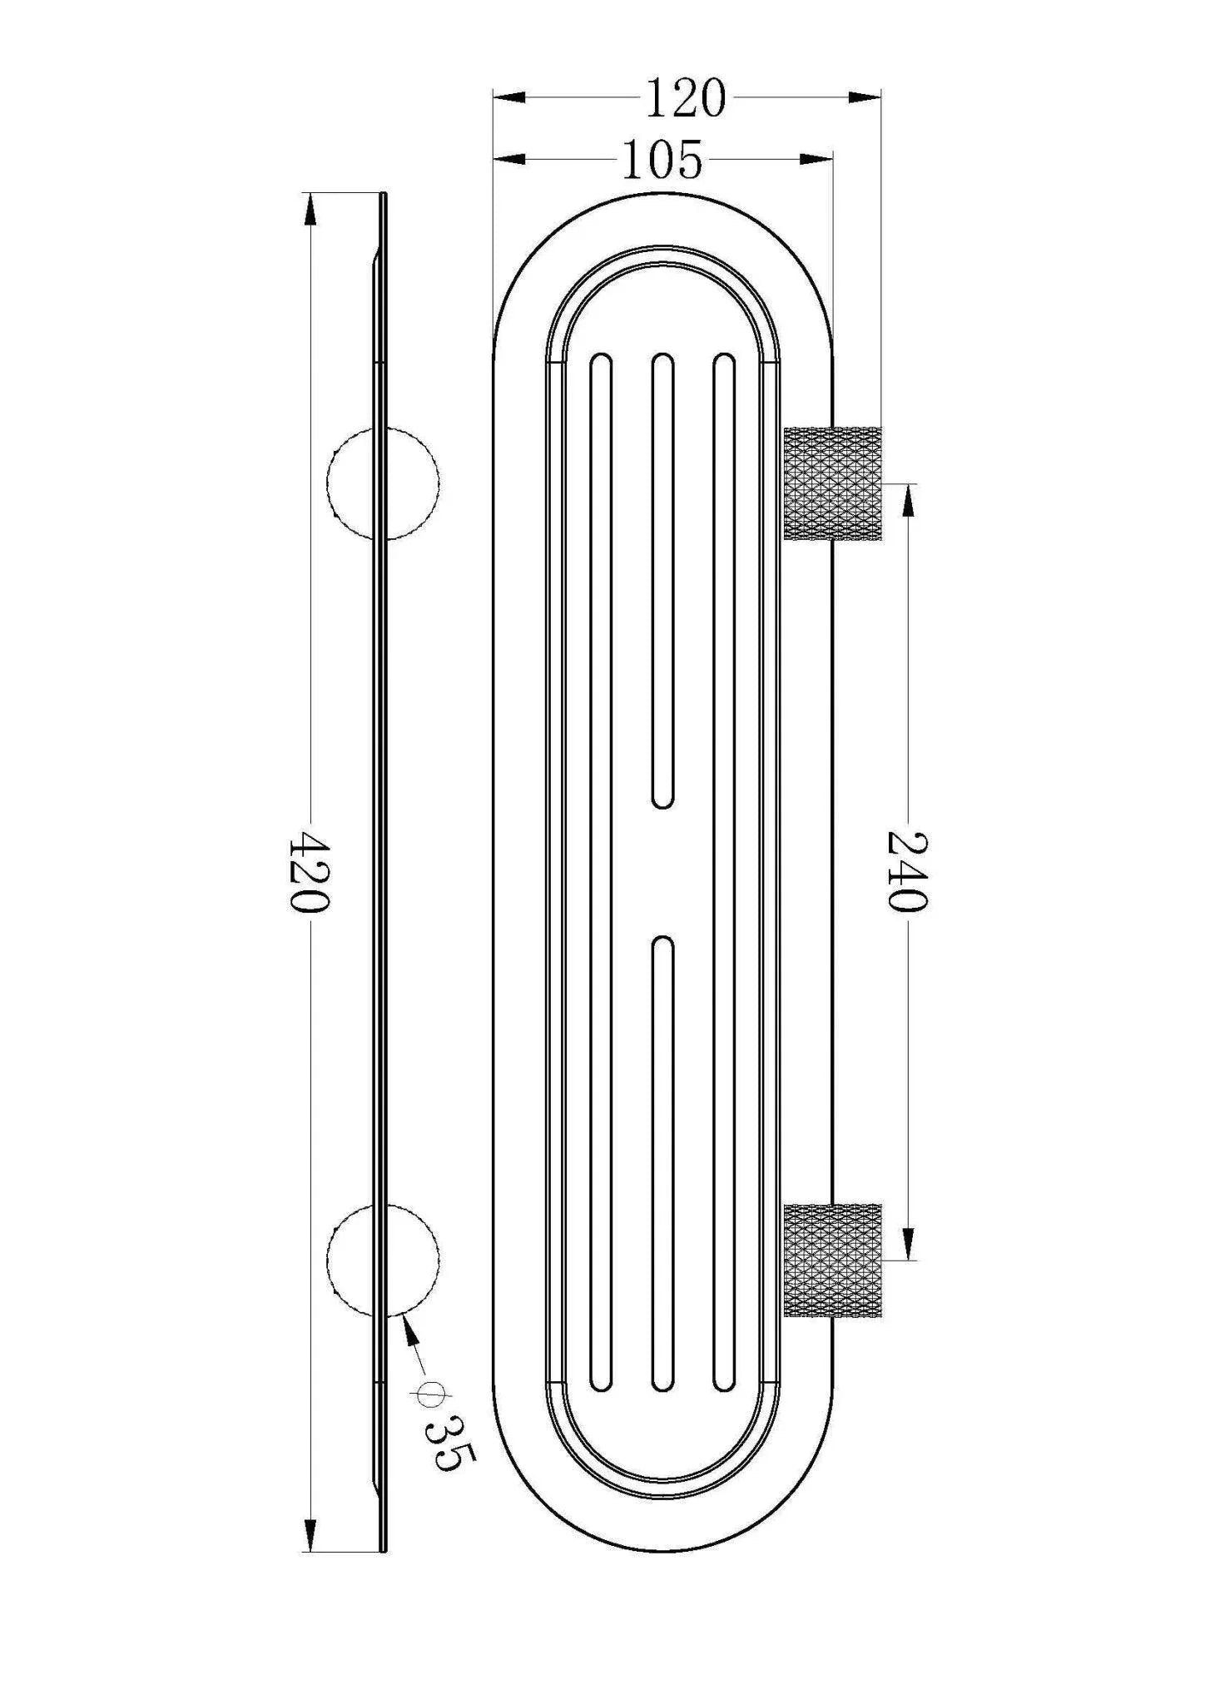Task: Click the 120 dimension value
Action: (x=686, y=98)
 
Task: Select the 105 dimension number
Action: (x=662, y=160)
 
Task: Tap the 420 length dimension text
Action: (x=309, y=872)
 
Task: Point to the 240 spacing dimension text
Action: (x=906, y=871)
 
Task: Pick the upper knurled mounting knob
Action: (x=832, y=483)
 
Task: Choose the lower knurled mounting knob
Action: (x=832, y=1260)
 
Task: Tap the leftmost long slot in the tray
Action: (x=600, y=871)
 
